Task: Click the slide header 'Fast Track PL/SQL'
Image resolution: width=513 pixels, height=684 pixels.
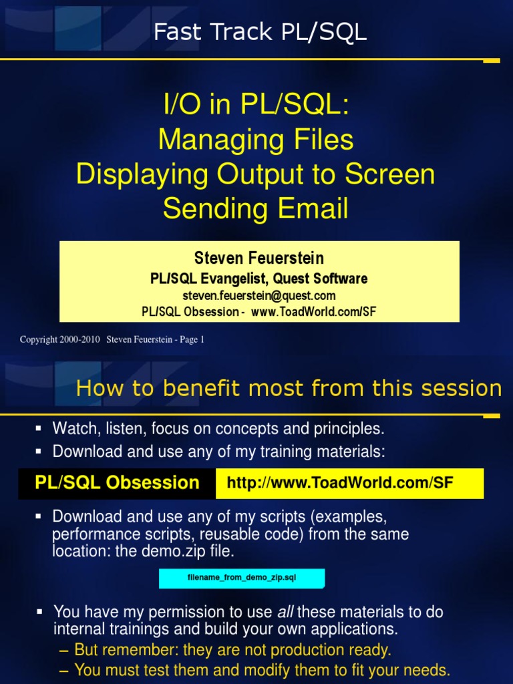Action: pos(260,31)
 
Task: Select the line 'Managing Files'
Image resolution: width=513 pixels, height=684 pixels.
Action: pos(256,140)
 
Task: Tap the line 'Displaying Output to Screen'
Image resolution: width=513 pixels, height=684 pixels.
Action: pos(256,174)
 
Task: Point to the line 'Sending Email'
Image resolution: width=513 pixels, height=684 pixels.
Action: pos(256,208)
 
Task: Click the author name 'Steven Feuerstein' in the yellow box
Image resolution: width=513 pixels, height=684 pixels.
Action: pos(259,258)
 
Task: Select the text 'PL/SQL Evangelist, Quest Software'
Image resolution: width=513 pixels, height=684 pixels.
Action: pos(259,278)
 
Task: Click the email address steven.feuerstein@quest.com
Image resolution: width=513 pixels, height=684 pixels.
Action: pos(259,295)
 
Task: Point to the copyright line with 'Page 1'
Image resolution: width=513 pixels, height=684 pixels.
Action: pos(112,339)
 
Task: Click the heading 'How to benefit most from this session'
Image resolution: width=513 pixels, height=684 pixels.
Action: pos(289,387)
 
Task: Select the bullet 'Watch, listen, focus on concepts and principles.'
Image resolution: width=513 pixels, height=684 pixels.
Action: pos(218,427)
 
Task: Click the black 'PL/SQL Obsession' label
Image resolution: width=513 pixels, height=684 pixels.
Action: pos(117,483)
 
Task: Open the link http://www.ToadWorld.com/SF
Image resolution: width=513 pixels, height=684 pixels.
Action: pos(340,483)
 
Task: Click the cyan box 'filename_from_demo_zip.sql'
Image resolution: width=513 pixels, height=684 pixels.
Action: pos(242,578)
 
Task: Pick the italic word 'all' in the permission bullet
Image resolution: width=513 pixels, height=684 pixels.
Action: pos(285,612)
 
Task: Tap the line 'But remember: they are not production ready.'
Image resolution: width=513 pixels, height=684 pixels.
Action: pos(232,649)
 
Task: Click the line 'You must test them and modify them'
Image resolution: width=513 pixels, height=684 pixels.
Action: pos(262,669)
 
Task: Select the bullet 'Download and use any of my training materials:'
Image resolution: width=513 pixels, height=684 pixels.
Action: pos(218,452)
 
